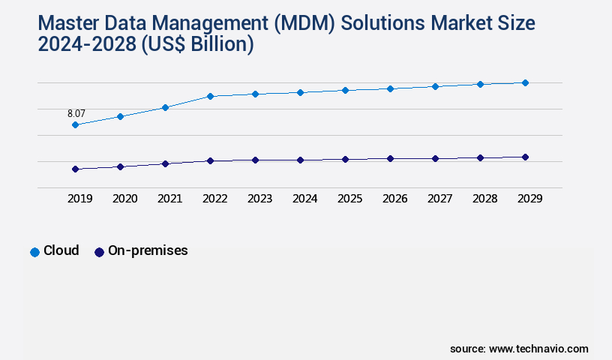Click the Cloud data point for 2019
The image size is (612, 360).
point(75,124)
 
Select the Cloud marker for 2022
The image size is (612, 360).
point(210,96)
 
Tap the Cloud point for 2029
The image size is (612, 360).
point(525,82)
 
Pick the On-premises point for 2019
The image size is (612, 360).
point(75,169)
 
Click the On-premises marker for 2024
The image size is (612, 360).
point(300,160)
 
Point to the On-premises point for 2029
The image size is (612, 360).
point(525,157)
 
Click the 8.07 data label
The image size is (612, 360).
point(76,113)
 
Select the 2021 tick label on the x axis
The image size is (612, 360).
point(169,199)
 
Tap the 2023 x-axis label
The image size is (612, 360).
point(259,199)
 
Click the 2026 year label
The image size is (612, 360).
point(394,199)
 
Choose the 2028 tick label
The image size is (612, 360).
point(484,199)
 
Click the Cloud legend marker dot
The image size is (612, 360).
point(34,252)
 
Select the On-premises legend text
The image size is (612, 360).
point(148,251)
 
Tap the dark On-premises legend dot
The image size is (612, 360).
point(99,252)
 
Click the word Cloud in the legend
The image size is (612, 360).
point(61,251)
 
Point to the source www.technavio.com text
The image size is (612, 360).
point(519,349)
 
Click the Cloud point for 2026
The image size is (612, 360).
point(390,88)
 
